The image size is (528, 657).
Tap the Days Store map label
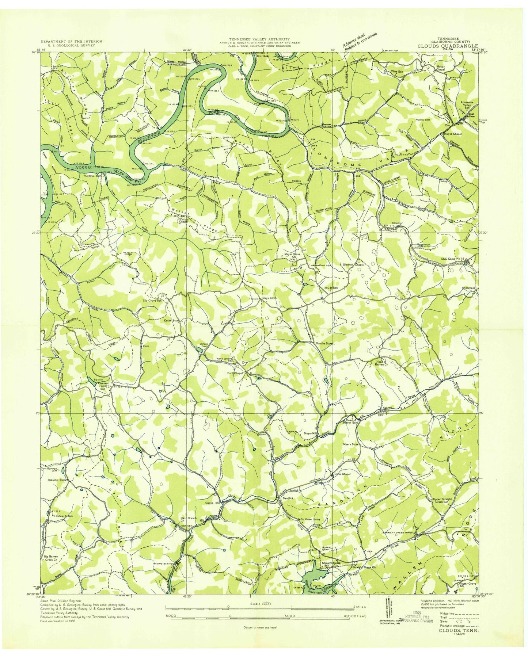[270, 298]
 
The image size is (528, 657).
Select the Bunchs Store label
[324, 343]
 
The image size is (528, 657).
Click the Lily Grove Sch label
[152, 301]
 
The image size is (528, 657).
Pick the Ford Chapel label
[234, 374]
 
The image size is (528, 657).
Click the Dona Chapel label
[342, 474]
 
